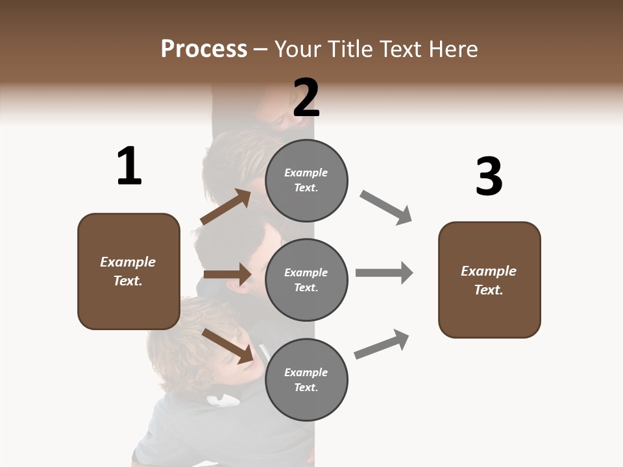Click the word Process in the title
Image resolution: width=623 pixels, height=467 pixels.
(x=204, y=49)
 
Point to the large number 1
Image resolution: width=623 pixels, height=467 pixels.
(x=128, y=167)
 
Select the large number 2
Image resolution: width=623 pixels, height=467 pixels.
(x=306, y=98)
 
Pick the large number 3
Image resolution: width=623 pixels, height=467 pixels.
(x=489, y=177)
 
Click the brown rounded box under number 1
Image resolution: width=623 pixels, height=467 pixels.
(x=128, y=271)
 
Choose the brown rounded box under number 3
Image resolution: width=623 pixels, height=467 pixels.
(x=489, y=280)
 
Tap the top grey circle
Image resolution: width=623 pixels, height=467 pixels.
(x=306, y=180)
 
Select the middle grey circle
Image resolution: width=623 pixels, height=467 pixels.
(x=306, y=280)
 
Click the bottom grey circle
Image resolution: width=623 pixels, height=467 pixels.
(x=306, y=379)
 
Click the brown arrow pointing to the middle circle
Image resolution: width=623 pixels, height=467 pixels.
(x=227, y=274)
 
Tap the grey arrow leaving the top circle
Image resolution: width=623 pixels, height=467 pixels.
(x=386, y=208)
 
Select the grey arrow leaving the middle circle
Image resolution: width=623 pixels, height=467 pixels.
(x=384, y=272)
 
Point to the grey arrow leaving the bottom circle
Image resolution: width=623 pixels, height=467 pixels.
(x=382, y=344)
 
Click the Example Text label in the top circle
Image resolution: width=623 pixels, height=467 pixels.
(x=306, y=180)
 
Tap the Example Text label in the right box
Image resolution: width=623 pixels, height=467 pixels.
(x=489, y=280)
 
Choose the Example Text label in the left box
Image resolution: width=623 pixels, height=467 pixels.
(x=128, y=271)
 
